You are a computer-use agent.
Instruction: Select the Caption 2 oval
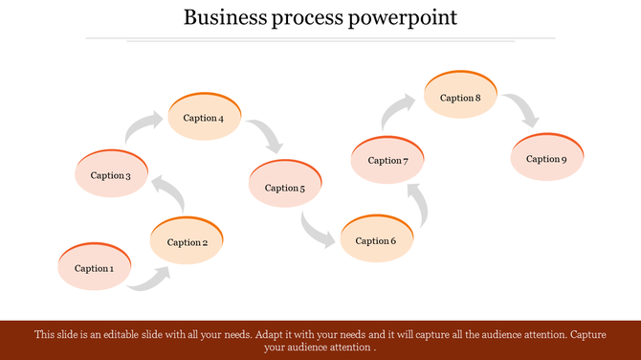[188, 241]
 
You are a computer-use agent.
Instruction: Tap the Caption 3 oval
[110, 174]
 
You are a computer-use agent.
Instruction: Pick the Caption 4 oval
[204, 117]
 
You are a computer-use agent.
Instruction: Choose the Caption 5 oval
[284, 187]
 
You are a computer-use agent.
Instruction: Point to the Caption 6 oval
[376, 239]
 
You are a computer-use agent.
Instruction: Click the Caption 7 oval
[387, 160]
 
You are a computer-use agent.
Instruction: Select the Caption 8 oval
[460, 97]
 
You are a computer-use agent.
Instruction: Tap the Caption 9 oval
[546, 158]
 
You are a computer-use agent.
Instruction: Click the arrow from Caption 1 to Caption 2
[151, 279]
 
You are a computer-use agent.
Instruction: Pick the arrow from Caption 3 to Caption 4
[144, 128]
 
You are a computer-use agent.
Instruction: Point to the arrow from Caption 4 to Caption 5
[268, 137]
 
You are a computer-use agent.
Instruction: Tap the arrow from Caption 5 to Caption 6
[317, 230]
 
